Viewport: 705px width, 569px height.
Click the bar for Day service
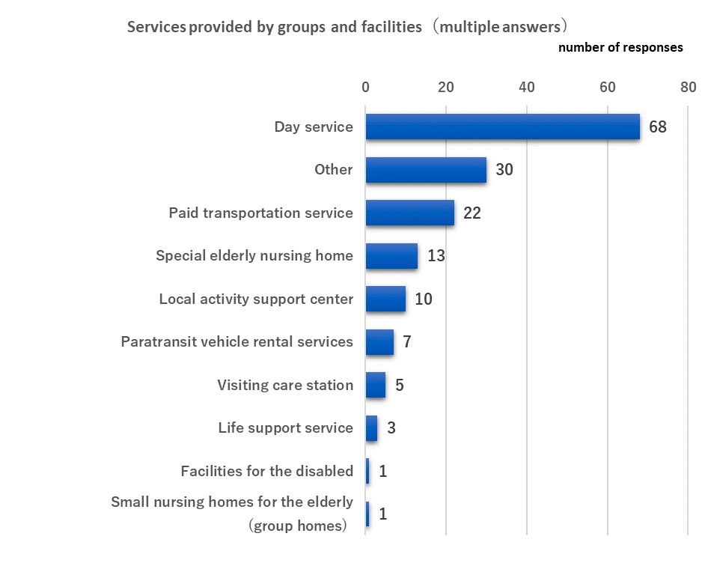pos(502,127)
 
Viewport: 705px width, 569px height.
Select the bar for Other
pos(426,170)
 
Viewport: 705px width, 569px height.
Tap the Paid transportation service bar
pos(409,213)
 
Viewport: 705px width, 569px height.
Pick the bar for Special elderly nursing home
pos(391,256)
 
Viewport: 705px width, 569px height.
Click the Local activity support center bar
pos(385,299)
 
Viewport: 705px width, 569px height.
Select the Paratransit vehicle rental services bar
pos(379,342)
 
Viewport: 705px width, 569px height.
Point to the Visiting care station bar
pos(376,385)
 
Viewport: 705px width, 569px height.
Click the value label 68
pos(657,127)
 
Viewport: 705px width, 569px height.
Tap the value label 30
pos(504,170)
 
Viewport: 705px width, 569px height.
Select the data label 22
pos(471,213)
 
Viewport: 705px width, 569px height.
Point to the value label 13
pos(436,256)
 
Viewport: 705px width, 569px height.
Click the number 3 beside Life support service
pos(391,428)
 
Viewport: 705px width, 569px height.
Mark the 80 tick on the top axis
pos(687,87)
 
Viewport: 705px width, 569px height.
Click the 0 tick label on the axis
pos(365,87)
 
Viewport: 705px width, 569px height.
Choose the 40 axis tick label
pos(526,87)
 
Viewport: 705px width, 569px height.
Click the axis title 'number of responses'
pos(620,47)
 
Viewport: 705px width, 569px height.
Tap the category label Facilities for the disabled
pos(266,471)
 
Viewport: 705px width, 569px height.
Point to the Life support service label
pos(285,428)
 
